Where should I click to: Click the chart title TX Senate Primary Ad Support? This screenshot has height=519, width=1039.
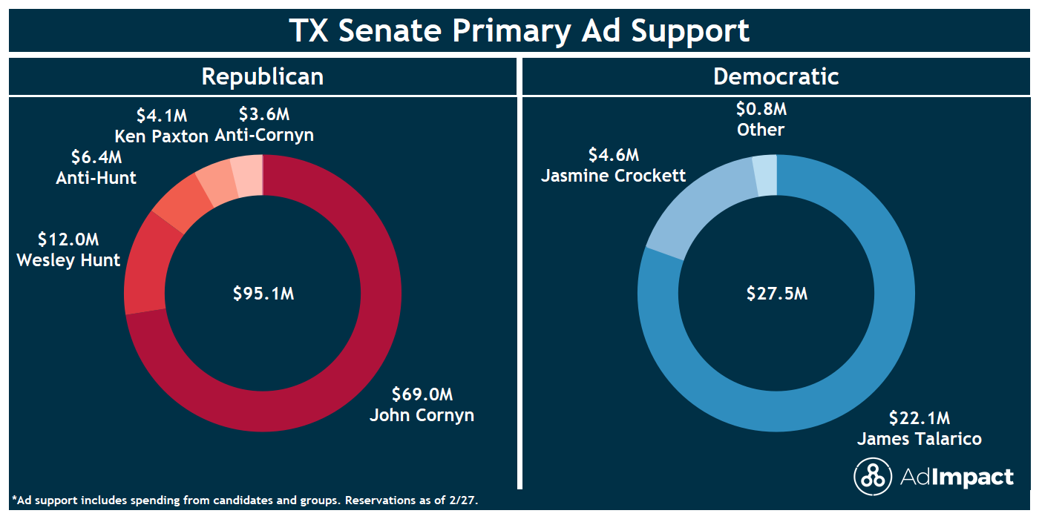519,30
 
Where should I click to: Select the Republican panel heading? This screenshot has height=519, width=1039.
263,76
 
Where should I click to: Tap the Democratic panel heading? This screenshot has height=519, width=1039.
776,76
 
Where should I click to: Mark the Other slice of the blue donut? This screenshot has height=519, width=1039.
765,175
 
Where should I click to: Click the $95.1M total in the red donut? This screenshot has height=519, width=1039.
263,294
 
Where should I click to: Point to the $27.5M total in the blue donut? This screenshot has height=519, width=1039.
776,294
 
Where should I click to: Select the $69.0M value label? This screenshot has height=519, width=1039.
422,394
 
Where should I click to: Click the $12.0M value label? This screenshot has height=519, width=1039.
68,239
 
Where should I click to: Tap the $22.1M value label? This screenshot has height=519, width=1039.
920,417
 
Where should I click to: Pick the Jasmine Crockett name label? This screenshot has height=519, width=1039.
613,176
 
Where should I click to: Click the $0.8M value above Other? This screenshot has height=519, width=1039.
761,109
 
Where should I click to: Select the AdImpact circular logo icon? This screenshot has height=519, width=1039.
872,476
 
